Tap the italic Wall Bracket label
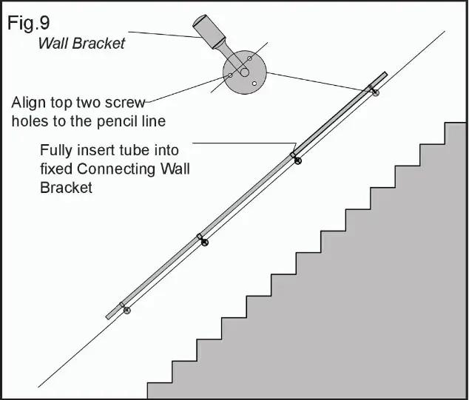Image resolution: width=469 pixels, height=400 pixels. (x=81, y=44)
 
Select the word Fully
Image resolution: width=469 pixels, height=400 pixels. (x=58, y=151)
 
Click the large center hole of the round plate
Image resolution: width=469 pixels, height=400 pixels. (x=243, y=72)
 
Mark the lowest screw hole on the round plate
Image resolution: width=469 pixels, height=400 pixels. (x=254, y=84)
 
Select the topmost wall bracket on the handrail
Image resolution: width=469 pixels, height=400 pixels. (x=375, y=91)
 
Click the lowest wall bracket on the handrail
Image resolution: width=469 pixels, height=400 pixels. (x=126, y=309)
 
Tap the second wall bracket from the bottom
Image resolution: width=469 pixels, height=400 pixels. (x=204, y=241)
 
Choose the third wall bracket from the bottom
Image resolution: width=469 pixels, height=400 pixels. (x=297, y=159)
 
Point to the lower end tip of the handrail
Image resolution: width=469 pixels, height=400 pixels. (x=109, y=316)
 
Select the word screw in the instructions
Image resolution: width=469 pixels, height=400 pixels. (x=129, y=102)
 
